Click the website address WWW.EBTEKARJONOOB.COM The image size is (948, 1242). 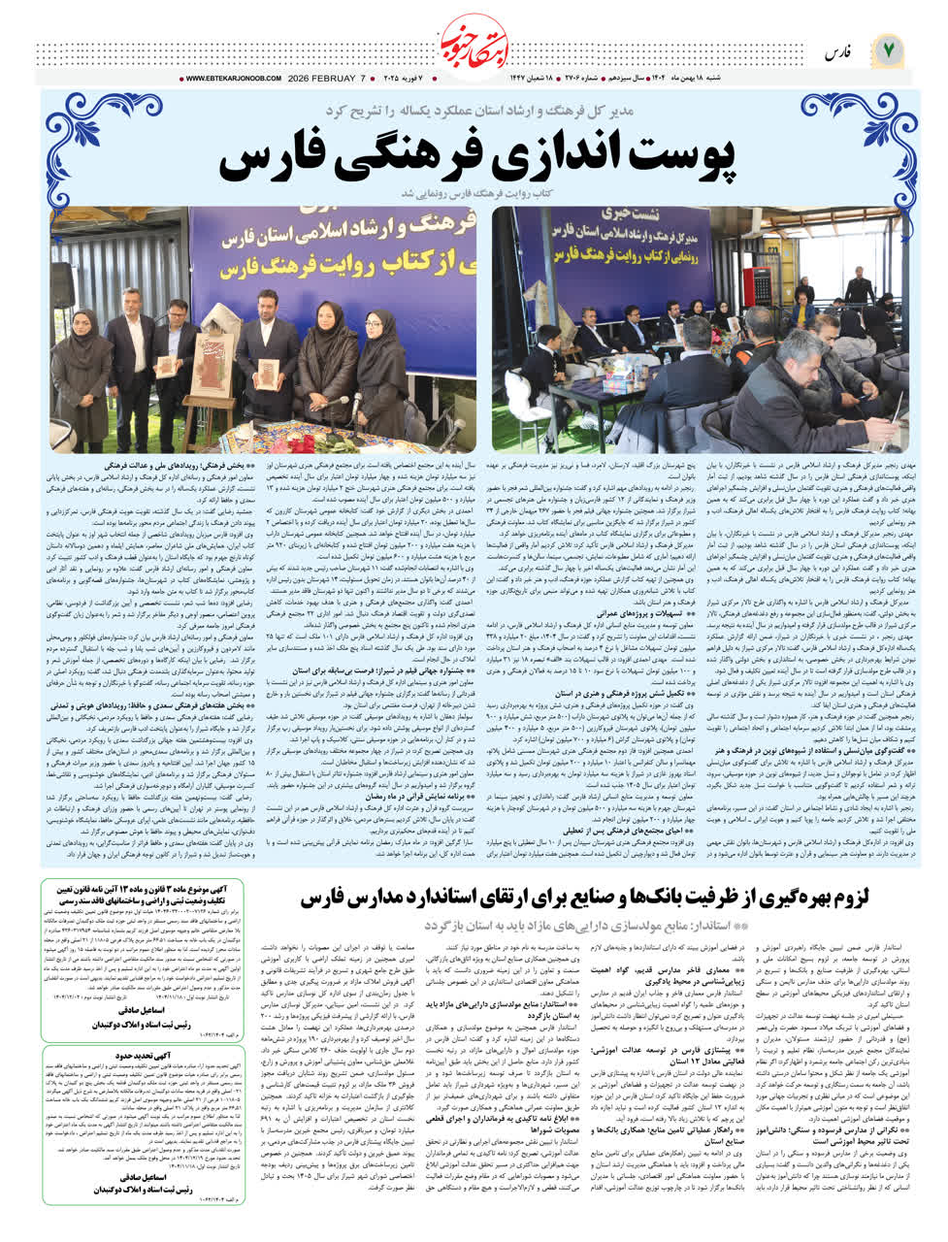233,79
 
